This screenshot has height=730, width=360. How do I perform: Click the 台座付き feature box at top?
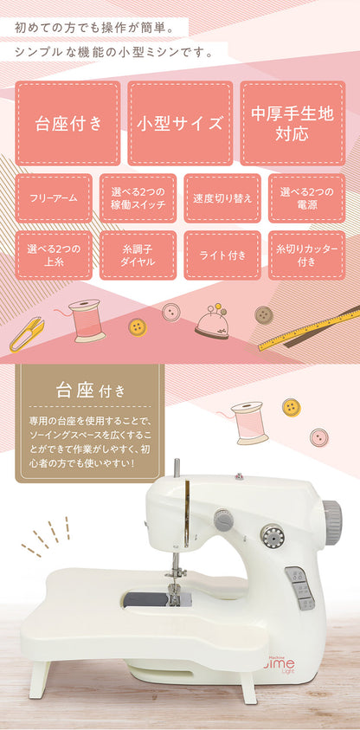point(67,123)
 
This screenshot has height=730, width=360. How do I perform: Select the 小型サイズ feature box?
point(180,123)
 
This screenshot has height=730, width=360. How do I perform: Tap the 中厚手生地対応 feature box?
point(292,123)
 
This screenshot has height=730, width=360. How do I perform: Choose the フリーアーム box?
point(54,198)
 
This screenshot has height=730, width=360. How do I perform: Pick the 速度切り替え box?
point(222,198)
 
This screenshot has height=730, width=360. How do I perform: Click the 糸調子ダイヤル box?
point(138,255)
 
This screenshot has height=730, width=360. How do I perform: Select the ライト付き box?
point(222,255)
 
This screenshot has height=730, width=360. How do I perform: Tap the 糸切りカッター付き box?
point(306,255)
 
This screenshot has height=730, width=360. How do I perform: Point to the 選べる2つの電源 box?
point(306,198)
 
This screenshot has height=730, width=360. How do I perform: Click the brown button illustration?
point(264,313)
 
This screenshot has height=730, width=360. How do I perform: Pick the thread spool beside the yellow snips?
point(87,320)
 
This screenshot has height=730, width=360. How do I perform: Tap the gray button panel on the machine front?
point(299,588)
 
